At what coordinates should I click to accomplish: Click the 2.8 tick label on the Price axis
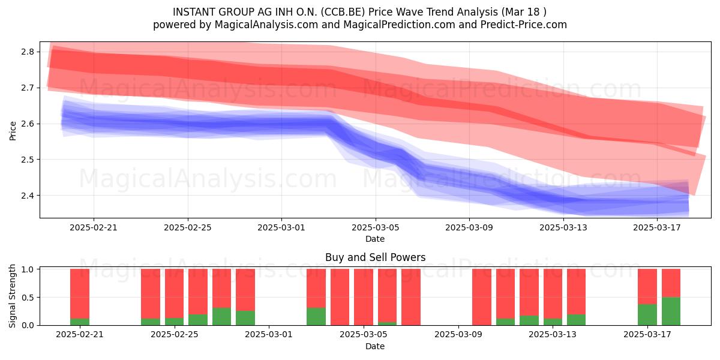(28, 52)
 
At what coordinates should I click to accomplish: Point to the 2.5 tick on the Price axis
(28, 160)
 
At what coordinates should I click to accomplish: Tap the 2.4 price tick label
(28, 196)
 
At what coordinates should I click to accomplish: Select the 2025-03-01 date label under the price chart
(281, 227)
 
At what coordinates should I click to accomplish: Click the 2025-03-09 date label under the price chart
(469, 227)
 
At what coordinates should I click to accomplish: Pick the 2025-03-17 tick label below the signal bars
(647, 335)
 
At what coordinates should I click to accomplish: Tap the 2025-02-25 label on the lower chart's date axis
(175, 335)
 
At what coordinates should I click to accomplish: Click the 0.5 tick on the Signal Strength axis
(28, 298)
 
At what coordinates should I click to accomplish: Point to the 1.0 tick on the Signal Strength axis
(28, 269)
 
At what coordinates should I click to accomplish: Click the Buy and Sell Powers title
(376, 257)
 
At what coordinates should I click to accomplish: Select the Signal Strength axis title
(12, 296)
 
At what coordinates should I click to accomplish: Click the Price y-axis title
(13, 131)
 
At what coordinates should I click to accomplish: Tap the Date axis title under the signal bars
(375, 346)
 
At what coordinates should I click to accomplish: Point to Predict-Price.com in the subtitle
(524, 25)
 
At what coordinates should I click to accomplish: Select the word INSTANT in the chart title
(194, 12)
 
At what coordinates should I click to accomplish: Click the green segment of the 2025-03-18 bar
(671, 311)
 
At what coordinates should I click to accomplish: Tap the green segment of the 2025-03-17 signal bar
(647, 314)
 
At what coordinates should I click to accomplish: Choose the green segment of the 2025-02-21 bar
(80, 322)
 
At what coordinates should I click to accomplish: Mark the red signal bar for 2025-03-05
(364, 297)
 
